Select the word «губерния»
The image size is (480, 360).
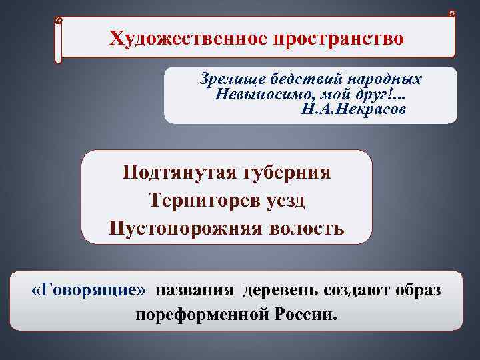[x=290, y=172]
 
